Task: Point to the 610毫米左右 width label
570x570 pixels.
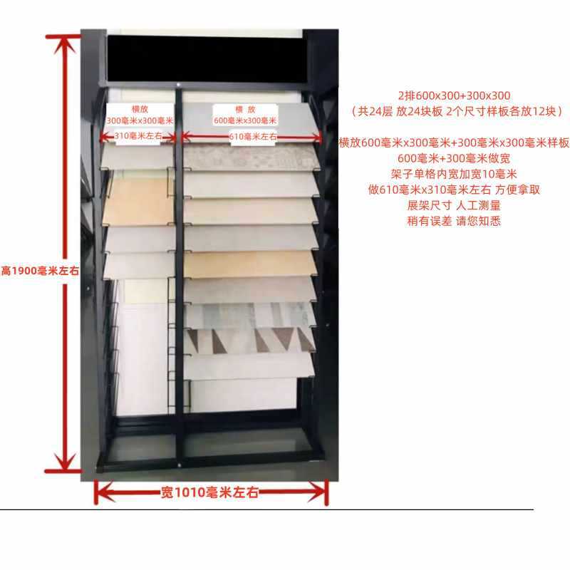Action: (x=253, y=135)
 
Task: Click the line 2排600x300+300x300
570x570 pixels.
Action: (x=455, y=95)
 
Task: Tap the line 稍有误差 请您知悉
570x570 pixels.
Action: (x=455, y=221)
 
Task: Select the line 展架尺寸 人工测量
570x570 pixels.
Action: (x=455, y=205)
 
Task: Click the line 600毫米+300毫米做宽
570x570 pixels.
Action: (x=455, y=158)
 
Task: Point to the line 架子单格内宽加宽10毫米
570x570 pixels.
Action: (x=455, y=174)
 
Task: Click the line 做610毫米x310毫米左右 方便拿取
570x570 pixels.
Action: (x=455, y=190)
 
